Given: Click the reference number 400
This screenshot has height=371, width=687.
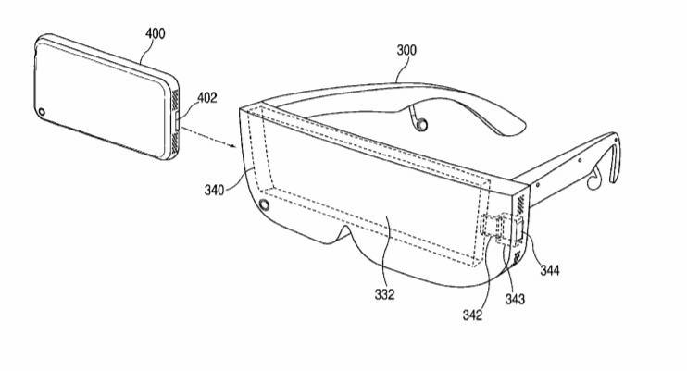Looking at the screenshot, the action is [156, 33].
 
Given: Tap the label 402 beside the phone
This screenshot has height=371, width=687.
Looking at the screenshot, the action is [206, 97].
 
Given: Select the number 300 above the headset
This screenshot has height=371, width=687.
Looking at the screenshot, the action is [406, 50].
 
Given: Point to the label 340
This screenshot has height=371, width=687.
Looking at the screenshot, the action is [214, 190].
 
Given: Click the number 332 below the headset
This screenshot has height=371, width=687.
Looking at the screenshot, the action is [384, 295].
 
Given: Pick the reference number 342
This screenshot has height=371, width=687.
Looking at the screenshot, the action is [472, 315].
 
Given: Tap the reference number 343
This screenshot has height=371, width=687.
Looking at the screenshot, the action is [515, 299].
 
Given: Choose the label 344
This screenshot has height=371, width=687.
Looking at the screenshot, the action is [549, 270].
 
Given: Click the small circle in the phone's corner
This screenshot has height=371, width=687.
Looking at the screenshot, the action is [42, 112].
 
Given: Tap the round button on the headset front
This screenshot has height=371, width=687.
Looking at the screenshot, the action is [265, 204].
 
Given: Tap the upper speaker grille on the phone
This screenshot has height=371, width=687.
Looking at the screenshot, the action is [174, 99].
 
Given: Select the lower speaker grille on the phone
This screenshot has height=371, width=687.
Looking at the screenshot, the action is [174, 142].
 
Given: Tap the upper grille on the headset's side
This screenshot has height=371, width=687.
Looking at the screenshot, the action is [521, 204].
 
